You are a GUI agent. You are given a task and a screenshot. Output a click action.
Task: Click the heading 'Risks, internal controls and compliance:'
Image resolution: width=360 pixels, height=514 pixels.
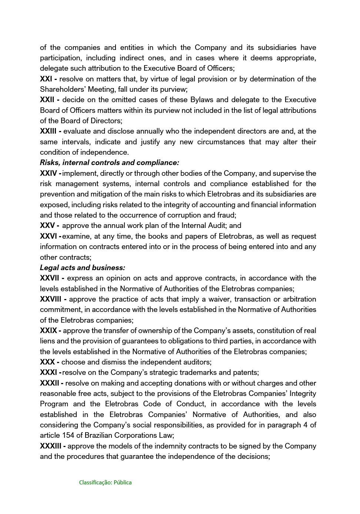coord(109,162)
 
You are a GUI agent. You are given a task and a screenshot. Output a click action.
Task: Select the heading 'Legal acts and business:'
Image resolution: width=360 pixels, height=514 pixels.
coord(82,268)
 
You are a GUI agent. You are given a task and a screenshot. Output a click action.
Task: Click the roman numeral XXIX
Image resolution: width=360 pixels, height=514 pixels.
coord(49,330)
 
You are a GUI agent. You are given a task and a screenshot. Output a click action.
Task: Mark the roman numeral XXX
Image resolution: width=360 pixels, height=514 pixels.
coord(47,362)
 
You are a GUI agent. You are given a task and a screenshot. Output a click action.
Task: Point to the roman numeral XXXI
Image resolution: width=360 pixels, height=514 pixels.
coord(49,373)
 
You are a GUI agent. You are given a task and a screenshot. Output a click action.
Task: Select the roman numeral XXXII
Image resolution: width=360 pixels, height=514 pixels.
coord(50,383)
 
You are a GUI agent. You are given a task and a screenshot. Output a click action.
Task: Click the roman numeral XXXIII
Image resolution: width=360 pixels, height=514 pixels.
coord(51,446)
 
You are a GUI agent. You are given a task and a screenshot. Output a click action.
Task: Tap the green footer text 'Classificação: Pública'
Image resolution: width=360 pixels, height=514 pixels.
coord(105,483)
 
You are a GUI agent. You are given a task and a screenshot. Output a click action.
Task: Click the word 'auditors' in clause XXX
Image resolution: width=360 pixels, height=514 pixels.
coord(197,362)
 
